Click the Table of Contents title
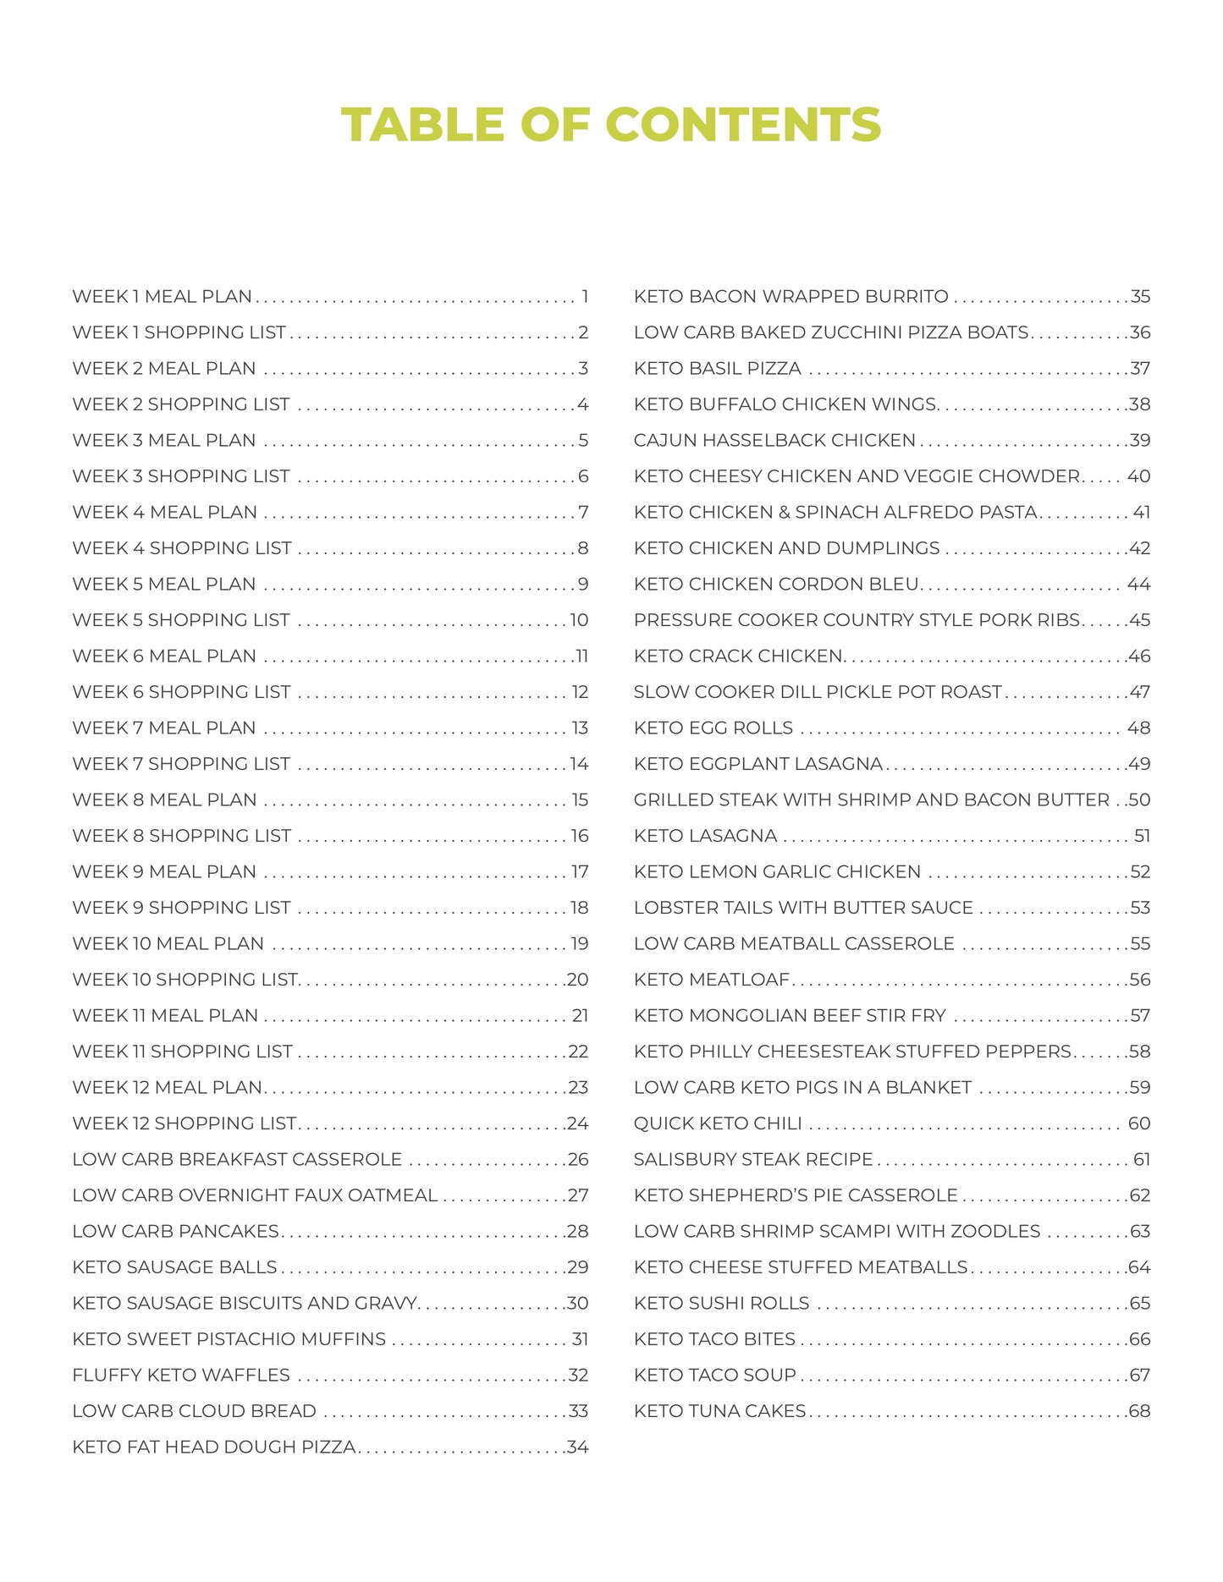click(611, 124)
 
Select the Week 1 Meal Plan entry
click(162, 297)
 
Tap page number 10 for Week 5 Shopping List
click(579, 620)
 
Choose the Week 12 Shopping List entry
click(185, 1123)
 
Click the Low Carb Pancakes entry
click(175, 1231)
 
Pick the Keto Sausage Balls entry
click(174, 1267)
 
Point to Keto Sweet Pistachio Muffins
click(229, 1339)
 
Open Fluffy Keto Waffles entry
click(181, 1375)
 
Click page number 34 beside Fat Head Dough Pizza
click(578, 1447)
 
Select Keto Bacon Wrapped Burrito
click(791, 297)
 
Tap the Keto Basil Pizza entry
click(717, 369)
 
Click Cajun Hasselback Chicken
click(774, 441)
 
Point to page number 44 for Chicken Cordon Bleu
click(1138, 585)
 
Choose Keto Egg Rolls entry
click(713, 728)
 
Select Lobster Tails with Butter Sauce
click(803, 908)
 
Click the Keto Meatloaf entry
click(711, 980)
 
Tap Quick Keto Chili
click(717, 1123)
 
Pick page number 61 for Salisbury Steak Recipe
click(1142, 1160)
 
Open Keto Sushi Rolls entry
click(721, 1304)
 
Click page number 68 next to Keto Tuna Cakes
click(1139, 1411)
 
